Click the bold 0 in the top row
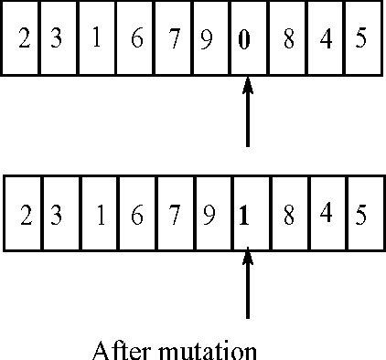coord(244,42)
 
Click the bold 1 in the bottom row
coord(244,217)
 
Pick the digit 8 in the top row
coord(288,42)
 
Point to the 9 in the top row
coord(208,42)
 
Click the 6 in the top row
coord(136,42)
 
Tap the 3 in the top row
coord(57,42)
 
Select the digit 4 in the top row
coord(327,42)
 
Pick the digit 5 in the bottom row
coord(361,217)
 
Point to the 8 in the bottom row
coord(288,217)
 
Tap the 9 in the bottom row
coord(209,217)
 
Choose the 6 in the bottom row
coord(136,217)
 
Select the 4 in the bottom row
coord(327,214)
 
